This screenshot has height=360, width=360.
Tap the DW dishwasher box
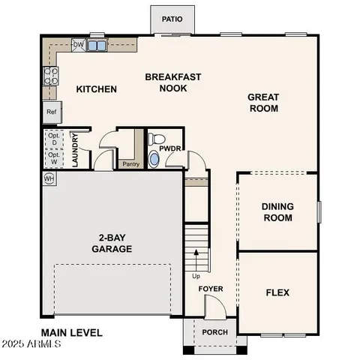point(78,45)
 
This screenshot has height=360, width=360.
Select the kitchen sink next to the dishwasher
point(96,46)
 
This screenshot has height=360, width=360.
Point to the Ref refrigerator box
point(52,112)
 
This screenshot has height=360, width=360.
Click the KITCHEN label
point(97,89)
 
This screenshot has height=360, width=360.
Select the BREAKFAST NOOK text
point(166,82)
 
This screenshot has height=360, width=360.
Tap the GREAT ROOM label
point(263,103)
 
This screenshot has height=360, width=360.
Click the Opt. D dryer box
point(52,139)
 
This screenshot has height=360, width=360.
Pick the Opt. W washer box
point(52,158)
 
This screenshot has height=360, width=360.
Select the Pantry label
point(130,163)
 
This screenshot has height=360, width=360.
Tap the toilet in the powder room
point(156,139)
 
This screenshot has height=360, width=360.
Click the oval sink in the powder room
point(155,159)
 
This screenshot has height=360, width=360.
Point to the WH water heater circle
point(49,178)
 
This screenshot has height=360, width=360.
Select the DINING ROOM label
point(277,212)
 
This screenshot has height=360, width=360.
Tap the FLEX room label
point(277,292)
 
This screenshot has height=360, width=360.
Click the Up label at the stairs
point(196,275)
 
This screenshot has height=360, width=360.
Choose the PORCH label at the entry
point(215,333)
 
